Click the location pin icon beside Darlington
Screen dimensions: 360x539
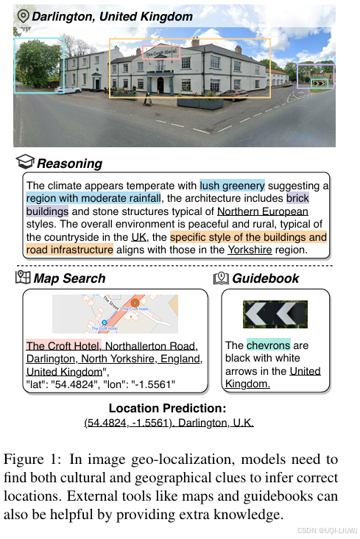(23, 15)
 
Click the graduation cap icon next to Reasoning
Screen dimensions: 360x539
(26, 162)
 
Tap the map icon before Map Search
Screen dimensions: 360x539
(23, 278)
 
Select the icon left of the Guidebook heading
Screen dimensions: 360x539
(221, 278)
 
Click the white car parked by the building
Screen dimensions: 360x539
(68, 89)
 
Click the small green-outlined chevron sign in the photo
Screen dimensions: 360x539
(320, 83)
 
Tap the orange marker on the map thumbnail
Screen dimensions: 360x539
(135, 303)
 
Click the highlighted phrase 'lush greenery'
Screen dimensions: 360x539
(232, 186)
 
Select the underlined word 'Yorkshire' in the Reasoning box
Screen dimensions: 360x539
(250, 250)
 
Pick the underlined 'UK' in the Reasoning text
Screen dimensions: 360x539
(138, 237)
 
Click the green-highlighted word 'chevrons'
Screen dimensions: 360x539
(268, 345)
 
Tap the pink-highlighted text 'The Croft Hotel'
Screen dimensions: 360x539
(63, 346)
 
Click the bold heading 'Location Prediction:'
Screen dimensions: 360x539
(167, 409)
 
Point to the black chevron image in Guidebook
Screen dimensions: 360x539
(275, 314)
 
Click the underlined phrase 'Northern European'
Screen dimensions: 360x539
(253, 211)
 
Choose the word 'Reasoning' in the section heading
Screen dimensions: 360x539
(69, 163)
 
